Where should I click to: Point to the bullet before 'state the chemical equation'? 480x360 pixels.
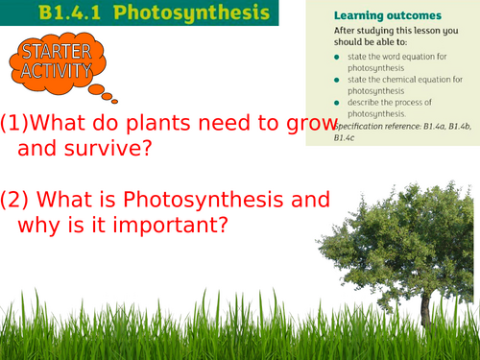tap(337, 80)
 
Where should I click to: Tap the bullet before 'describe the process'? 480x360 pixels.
tap(337, 103)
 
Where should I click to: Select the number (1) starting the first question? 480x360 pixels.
tap(15, 124)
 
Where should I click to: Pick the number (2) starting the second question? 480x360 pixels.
tap(16, 200)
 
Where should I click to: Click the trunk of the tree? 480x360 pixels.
tap(424, 305)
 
